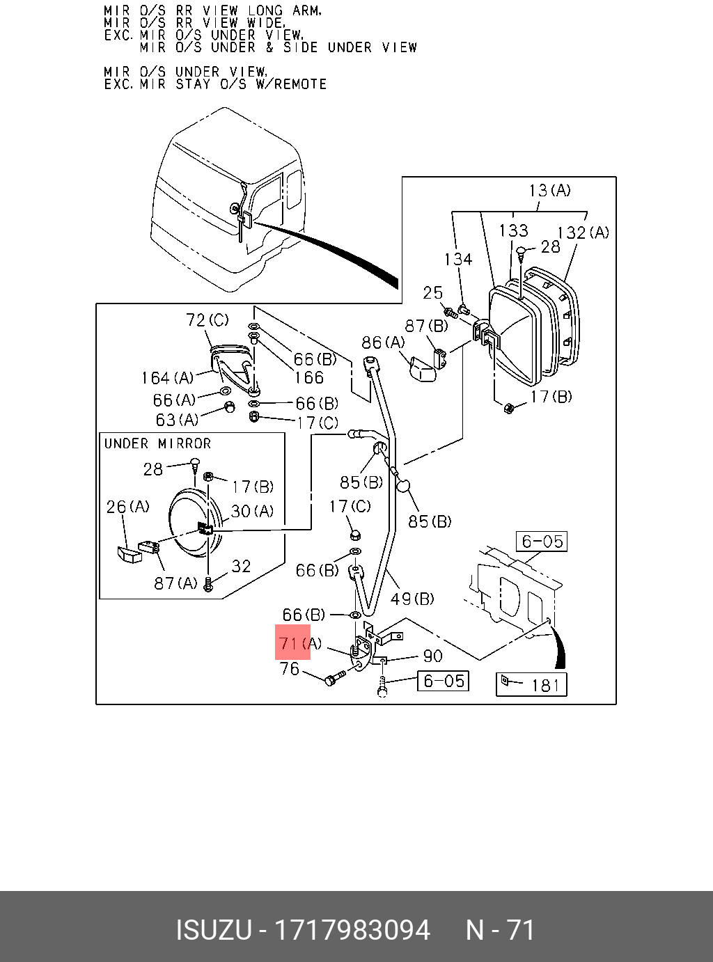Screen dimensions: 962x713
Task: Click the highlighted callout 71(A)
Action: [x=300, y=643]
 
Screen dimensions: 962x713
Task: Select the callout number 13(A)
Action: [x=550, y=190]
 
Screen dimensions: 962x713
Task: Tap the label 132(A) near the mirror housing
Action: [x=583, y=232]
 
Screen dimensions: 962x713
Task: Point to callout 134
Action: [x=458, y=260]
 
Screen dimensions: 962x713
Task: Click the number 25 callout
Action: [x=432, y=293]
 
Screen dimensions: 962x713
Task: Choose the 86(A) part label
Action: [x=383, y=342]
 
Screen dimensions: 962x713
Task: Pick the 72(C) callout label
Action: [x=207, y=320]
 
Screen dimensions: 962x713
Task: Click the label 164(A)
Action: [x=167, y=378]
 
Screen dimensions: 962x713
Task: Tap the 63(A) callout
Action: [x=177, y=420]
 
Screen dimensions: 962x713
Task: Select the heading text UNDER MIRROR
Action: [x=157, y=443]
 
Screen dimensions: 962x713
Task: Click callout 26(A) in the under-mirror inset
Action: [x=127, y=507]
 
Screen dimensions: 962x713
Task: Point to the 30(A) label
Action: [x=252, y=512]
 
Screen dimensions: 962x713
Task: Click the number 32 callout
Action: [x=241, y=567]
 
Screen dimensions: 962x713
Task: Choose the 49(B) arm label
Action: [x=412, y=598]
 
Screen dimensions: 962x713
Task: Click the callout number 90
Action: [x=432, y=656]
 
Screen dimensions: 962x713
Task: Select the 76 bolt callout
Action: [x=289, y=669]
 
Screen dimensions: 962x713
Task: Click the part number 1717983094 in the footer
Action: [x=352, y=930]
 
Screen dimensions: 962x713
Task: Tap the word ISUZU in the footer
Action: [x=213, y=930]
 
